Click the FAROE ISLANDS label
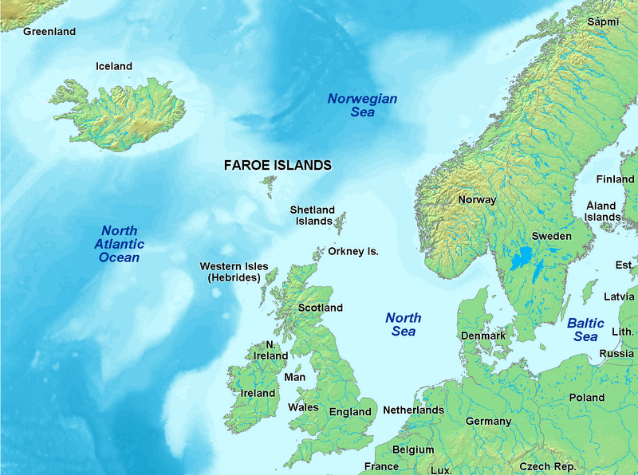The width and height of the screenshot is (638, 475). pos(277,166)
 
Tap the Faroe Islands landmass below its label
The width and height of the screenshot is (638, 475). pos(269,186)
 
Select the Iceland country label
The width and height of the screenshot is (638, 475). pos(114,66)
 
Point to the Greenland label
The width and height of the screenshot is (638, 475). pos(49,32)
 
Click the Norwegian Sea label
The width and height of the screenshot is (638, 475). pos(363,105)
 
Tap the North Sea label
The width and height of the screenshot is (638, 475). pos(404,324)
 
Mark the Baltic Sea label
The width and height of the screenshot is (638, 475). pos(586,330)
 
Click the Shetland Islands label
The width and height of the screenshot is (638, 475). pos(312,215)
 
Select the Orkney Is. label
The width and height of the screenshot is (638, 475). pos(352,251)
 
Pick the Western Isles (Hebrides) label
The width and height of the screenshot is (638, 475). pos(234,272)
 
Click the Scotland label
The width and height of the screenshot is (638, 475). pos(320,308)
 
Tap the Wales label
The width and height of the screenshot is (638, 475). pos(303,407)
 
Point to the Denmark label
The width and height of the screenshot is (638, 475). pos(483,336)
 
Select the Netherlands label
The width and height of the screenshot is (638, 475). pos(413,410)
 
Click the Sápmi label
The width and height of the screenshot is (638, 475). pos(603,22)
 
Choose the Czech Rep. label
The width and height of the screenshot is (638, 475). pos(547,466)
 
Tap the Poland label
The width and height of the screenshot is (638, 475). pos(586,397)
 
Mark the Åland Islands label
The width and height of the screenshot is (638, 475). pos(602,211)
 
